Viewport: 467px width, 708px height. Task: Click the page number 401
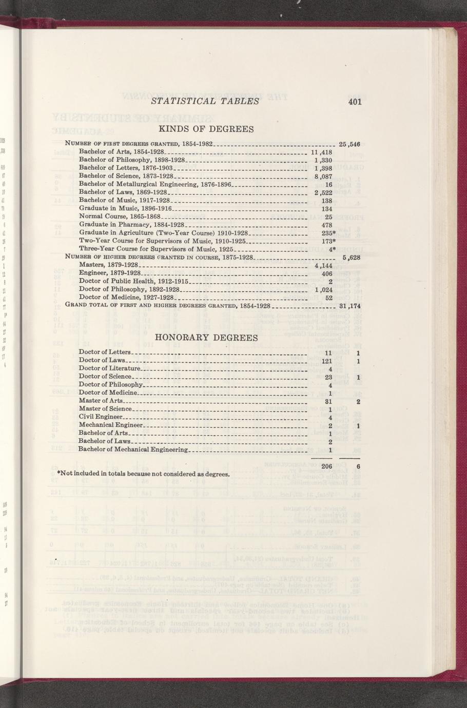tap(354, 102)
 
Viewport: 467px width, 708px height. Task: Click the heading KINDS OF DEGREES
tap(206, 129)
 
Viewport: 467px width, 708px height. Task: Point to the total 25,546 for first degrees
tap(351, 143)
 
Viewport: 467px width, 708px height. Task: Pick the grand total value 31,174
tap(351, 306)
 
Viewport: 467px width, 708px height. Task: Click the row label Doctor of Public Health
tap(134, 281)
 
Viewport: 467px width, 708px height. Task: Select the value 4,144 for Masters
tap(324, 266)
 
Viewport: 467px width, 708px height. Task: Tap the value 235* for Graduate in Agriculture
tap(329, 233)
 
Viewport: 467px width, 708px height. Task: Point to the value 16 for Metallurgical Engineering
tap(329, 185)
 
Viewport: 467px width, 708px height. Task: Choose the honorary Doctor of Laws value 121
tap(328, 362)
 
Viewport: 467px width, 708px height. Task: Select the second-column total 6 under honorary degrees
tap(358, 466)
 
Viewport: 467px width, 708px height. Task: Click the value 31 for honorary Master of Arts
tap(329, 401)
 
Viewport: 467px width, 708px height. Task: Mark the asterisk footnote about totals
tap(143, 473)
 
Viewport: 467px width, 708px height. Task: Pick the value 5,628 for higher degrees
tap(352, 258)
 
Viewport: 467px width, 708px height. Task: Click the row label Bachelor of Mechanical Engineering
tap(133, 449)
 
